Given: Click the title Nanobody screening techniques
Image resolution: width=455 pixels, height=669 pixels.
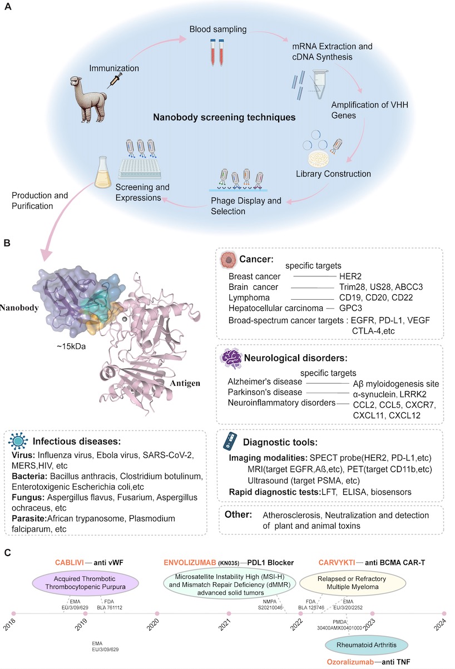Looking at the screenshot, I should tap(225, 118).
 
